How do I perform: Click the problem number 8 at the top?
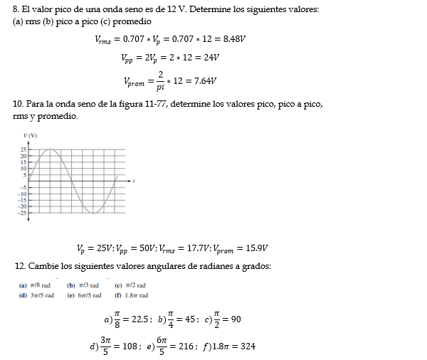[16, 9]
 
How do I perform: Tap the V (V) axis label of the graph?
[30, 135]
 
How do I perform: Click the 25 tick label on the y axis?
[23, 149]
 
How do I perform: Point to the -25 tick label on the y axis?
[21, 212]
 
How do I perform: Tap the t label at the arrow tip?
[135, 182]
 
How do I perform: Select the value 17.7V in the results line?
[196, 248]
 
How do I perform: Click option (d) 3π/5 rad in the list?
[36, 295]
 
